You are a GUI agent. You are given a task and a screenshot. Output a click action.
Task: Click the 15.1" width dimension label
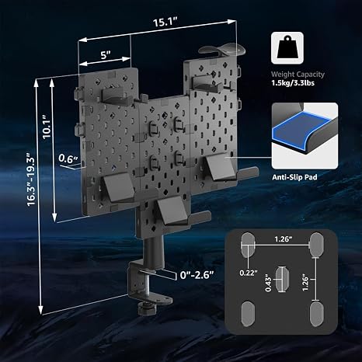click(165, 22)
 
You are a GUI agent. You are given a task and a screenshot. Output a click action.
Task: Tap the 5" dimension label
click(106, 55)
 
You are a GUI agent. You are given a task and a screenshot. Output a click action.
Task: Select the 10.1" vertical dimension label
click(47, 127)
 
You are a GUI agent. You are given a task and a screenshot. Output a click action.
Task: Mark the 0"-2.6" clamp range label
click(197, 275)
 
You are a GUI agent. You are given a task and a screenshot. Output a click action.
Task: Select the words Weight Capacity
click(298, 75)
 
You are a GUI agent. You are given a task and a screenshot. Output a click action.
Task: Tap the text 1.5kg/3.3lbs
click(293, 83)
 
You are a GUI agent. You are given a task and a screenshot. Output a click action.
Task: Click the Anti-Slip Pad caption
click(294, 177)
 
